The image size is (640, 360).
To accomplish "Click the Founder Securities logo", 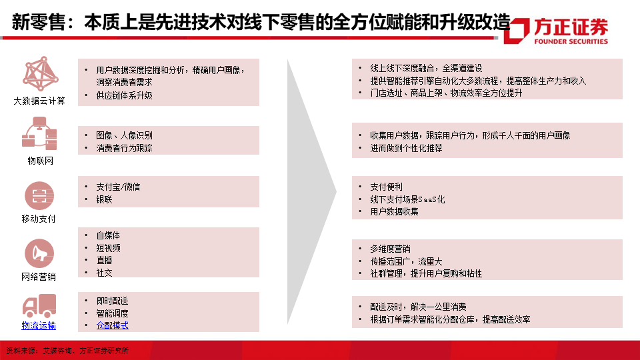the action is click(x=556, y=31).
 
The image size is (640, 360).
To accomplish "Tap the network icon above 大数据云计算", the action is click(x=41, y=73).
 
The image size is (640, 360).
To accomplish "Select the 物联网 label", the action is click(x=41, y=161).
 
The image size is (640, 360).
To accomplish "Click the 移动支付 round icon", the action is click(x=39, y=195).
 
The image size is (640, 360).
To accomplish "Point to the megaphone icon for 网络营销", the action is click(x=39, y=253).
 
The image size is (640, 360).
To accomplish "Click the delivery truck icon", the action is click(x=39, y=306).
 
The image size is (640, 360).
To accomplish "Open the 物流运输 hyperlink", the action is click(x=39, y=325).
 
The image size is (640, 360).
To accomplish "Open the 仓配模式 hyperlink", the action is click(x=112, y=325).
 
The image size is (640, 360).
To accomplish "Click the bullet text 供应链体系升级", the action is click(x=124, y=95).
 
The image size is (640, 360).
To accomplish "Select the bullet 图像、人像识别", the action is click(x=124, y=135).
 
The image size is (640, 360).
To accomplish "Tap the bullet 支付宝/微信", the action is click(x=118, y=187).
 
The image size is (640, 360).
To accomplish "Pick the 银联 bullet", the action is click(x=104, y=199).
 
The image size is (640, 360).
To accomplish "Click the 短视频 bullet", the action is click(x=108, y=248).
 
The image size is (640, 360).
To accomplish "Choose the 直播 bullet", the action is click(x=104, y=260).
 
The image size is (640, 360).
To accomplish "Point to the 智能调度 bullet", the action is click(x=112, y=313).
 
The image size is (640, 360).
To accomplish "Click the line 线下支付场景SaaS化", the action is click(x=407, y=199).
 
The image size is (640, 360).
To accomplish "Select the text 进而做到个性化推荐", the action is click(x=406, y=148).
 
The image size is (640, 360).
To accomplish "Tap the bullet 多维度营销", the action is click(x=390, y=249).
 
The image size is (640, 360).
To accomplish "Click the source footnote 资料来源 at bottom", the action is click(x=67, y=351).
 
